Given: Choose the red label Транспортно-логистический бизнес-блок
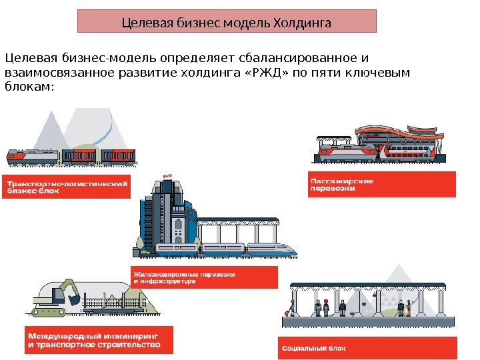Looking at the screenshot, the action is (67, 185).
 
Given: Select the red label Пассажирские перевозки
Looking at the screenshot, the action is (381, 185).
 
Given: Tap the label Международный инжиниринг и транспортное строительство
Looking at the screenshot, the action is (98, 340).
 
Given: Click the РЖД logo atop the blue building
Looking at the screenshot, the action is (167, 177).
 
